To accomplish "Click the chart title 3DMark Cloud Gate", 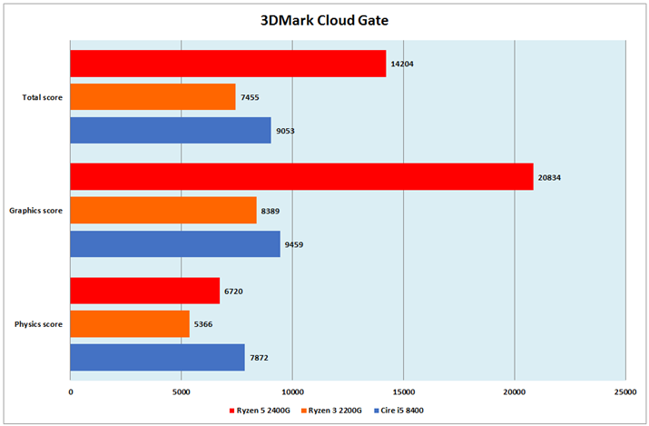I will tap(324, 18).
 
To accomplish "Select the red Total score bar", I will tap(228, 64).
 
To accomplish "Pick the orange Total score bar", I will tap(152, 97).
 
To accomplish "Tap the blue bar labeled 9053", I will tap(171, 131).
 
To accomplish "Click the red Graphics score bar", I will tap(301, 177).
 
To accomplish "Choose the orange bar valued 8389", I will tap(163, 211).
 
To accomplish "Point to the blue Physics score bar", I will tap(157, 357).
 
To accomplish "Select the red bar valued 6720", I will tap(145, 291).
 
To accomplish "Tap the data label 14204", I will tap(402, 64).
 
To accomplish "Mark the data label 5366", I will tap(205, 324).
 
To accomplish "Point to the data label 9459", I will tap(296, 244).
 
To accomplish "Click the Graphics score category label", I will tap(35, 211).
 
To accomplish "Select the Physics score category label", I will tap(37, 324).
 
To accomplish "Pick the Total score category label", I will tap(43, 97).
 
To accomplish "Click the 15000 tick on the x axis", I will tap(404, 391).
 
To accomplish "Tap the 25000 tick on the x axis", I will tap(625, 391).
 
